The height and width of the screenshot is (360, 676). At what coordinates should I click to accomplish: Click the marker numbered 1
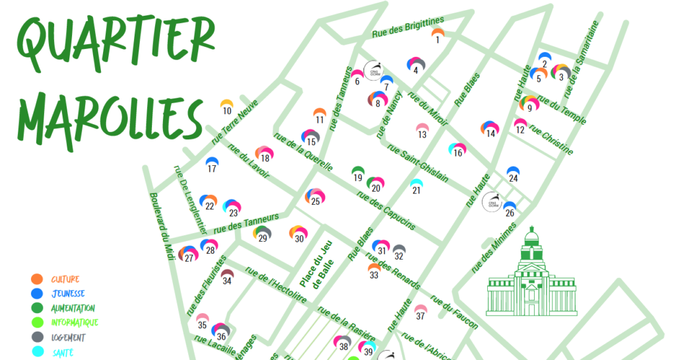pos(437,34)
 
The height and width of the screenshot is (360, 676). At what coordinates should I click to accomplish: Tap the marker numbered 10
pos(226,106)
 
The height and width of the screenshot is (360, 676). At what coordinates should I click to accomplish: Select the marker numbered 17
pos(212,164)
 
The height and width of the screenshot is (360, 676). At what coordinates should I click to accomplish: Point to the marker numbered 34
pos(227,276)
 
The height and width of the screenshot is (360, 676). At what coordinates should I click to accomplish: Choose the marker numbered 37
pos(421,311)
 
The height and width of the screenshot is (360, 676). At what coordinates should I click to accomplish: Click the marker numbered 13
pos(422,130)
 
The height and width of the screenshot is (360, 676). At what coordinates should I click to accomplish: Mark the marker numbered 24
pos(513,174)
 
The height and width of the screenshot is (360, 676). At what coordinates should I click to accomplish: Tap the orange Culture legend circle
pos(37,279)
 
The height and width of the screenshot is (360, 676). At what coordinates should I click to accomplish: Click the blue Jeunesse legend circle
pos(37,293)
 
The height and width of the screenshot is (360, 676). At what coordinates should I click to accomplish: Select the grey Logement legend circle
pos(37,337)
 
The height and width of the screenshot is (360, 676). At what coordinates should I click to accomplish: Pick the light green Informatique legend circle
pos(37,322)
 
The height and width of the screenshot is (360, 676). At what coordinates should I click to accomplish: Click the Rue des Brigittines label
pos(407,27)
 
